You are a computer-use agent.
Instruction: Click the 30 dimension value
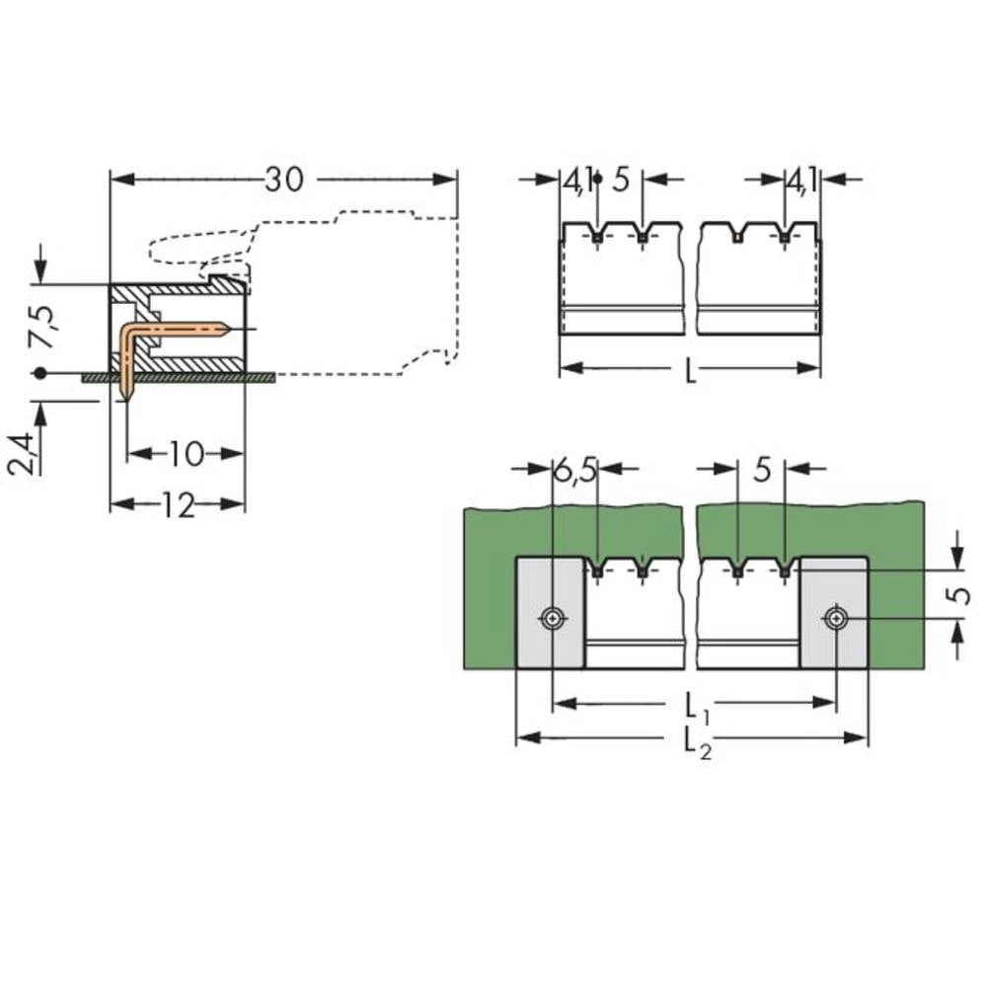point(284,180)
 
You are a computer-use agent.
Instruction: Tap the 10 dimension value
point(185,454)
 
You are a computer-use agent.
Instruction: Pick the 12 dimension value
point(178,505)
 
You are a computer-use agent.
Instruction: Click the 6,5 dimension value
point(574,471)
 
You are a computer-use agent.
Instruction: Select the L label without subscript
point(690,371)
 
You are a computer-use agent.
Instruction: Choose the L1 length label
point(693,707)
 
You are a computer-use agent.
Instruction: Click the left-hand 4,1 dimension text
point(577,181)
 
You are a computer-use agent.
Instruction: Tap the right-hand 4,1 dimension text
point(800,181)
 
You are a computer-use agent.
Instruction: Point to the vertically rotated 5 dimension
point(956,595)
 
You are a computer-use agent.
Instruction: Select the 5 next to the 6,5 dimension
point(761,471)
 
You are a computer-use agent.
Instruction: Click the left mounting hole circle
point(552,619)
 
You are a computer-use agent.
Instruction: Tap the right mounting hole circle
point(836,619)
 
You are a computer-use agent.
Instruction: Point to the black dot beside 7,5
point(38,374)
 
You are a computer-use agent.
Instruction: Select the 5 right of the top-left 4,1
point(621,181)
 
